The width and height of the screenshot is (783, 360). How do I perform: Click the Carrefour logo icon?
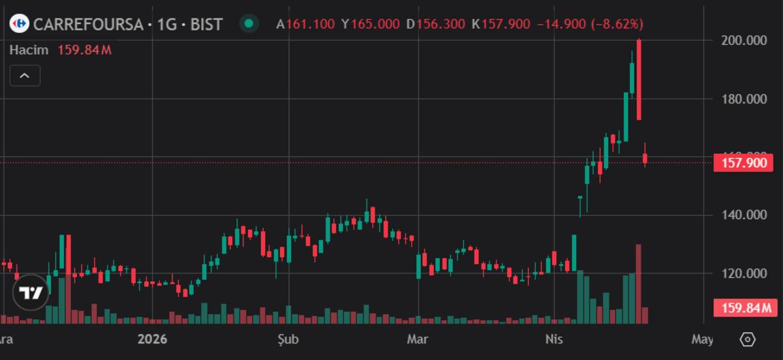pos(20,24)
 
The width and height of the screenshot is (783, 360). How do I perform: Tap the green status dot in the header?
pos(248,24)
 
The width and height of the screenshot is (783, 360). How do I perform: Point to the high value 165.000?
pos(375,24)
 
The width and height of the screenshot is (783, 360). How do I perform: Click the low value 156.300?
pos(441,24)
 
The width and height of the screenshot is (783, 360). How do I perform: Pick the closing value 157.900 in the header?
pos(506,24)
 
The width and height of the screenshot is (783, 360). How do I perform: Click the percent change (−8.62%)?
pos(617,24)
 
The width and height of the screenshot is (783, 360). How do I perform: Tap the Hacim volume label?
pos(29,50)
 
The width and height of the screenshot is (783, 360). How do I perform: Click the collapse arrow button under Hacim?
pos(25,76)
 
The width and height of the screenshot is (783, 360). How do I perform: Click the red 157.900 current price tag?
pos(744,162)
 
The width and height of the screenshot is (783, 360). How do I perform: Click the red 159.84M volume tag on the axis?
pos(744,308)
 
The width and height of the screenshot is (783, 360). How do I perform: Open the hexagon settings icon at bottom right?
pos(748,339)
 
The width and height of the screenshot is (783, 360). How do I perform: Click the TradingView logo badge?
pos(31,293)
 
